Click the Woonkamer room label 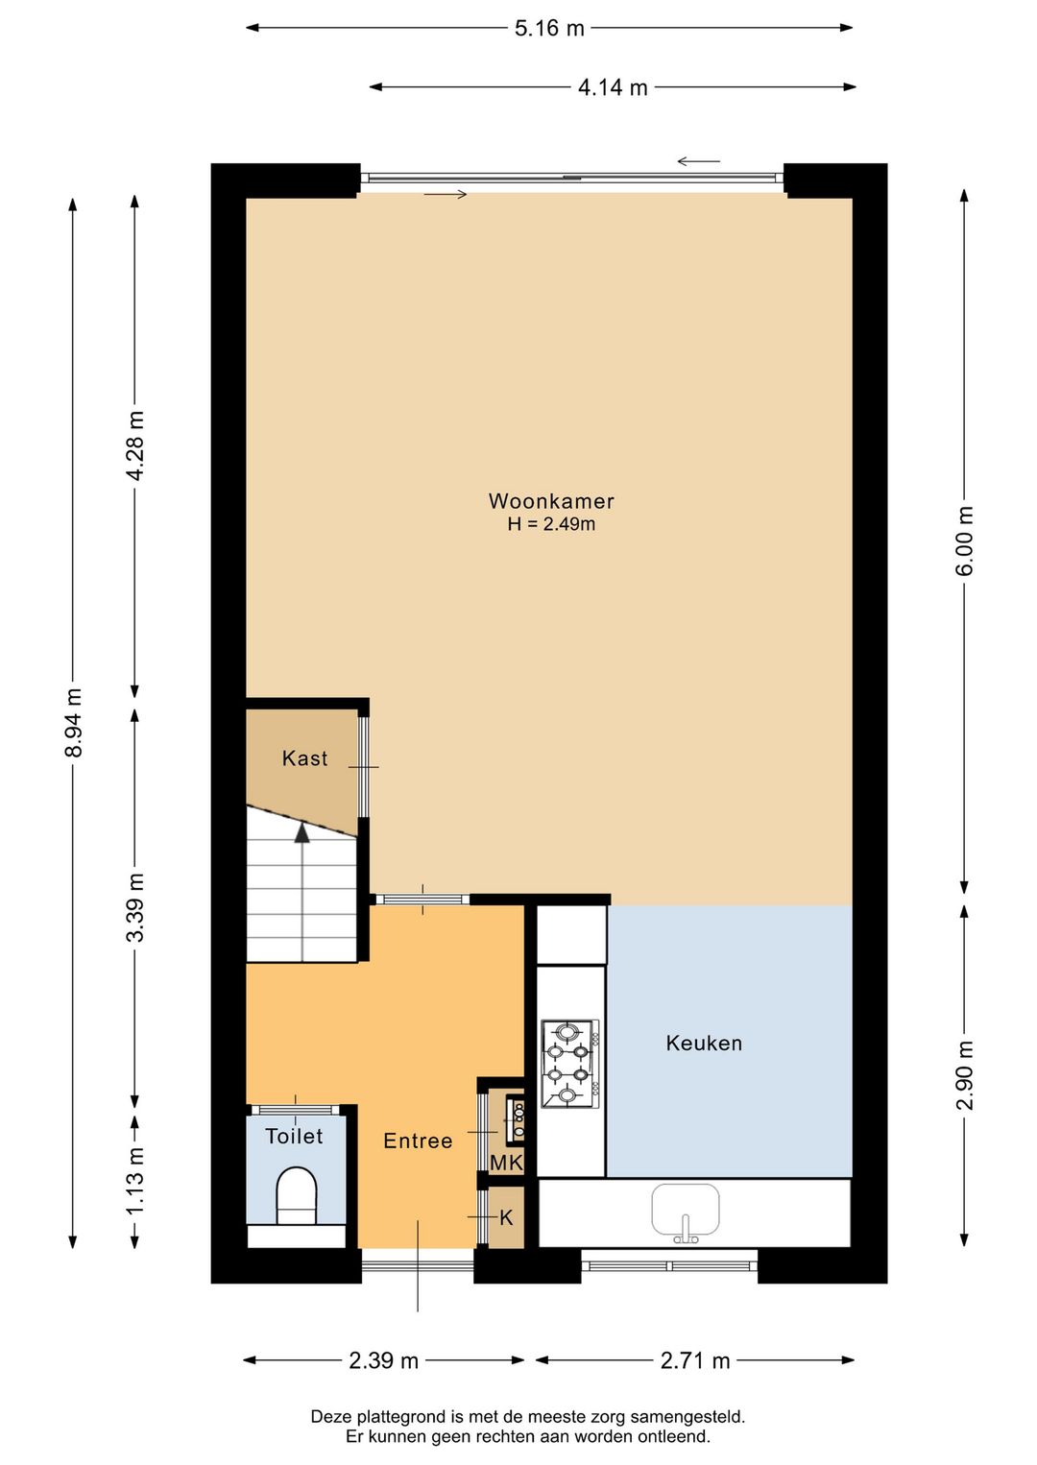550,501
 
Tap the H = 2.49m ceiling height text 551,524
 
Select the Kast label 304,758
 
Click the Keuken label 704,1044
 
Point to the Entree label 418,1141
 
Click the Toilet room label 294,1137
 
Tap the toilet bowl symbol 297,1195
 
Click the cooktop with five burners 567,1064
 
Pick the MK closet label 506,1164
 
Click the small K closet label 507,1218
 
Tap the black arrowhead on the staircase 302,832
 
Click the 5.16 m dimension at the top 549,28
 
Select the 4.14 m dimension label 613,87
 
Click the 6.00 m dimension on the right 965,540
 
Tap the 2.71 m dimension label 695,1360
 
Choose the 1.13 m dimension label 135,1180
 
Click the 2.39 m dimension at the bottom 383,1360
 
